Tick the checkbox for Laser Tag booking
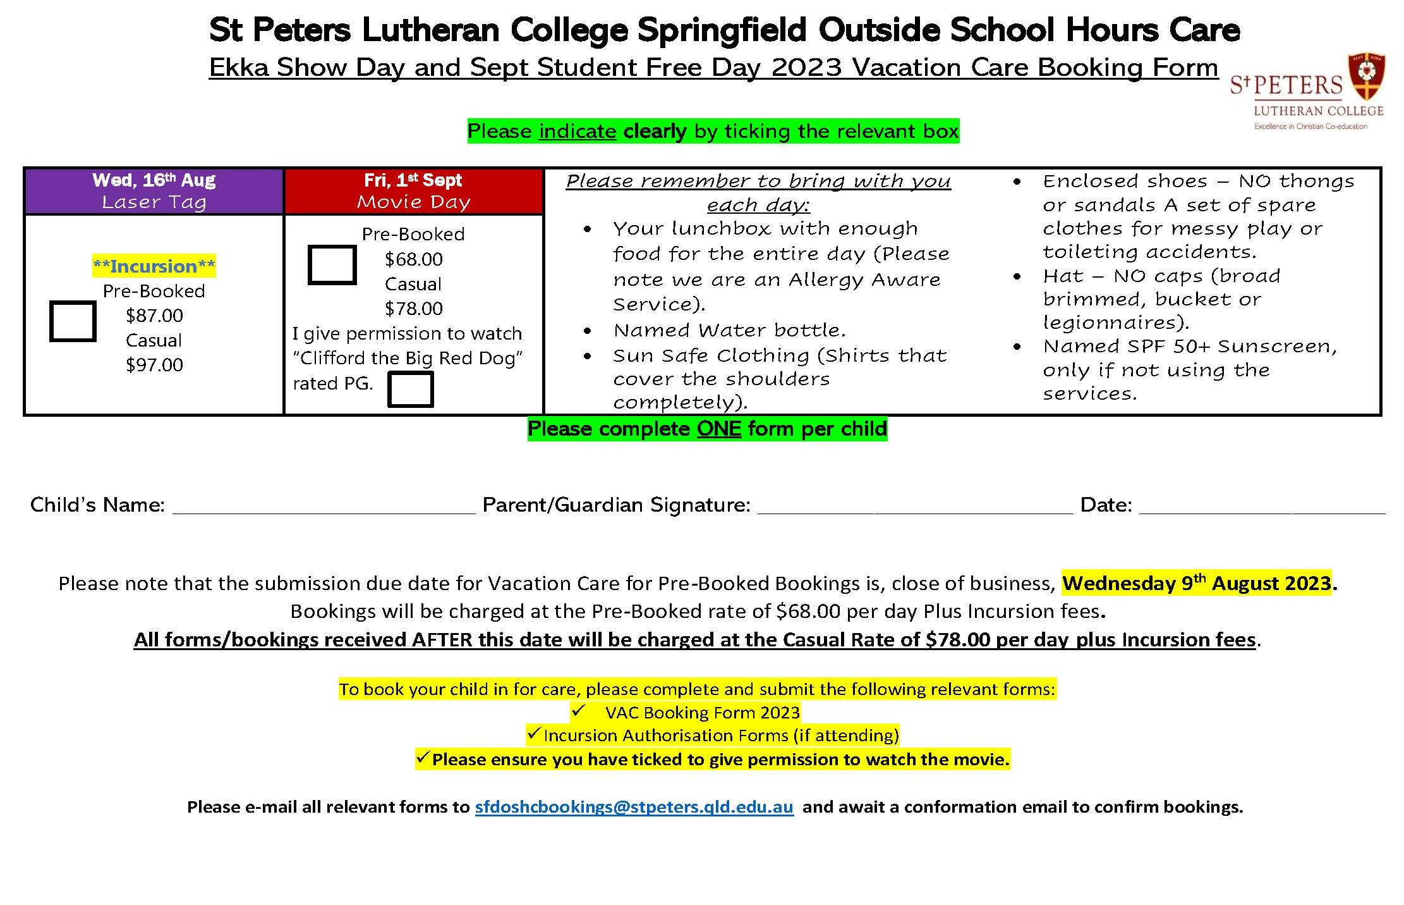[x=73, y=322]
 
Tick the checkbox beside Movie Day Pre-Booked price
[x=332, y=265]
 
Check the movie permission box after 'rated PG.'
[x=410, y=389]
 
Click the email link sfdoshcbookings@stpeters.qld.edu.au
[x=634, y=807]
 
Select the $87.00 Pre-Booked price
[x=154, y=316]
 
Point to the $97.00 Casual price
[x=154, y=365]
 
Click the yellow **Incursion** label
[x=154, y=266]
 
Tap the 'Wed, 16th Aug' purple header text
[x=154, y=180]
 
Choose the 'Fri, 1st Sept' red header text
[x=413, y=180]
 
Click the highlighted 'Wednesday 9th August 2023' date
[x=1197, y=582]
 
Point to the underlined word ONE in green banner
[x=719, y=429]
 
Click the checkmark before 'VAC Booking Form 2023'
[x=579, y=711]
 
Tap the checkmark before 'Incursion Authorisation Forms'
[x=534, y=734]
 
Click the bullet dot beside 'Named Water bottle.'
[x=588, y=331]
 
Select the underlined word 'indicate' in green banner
[x=578, y=131]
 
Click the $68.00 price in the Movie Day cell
[x=414, y=259]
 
